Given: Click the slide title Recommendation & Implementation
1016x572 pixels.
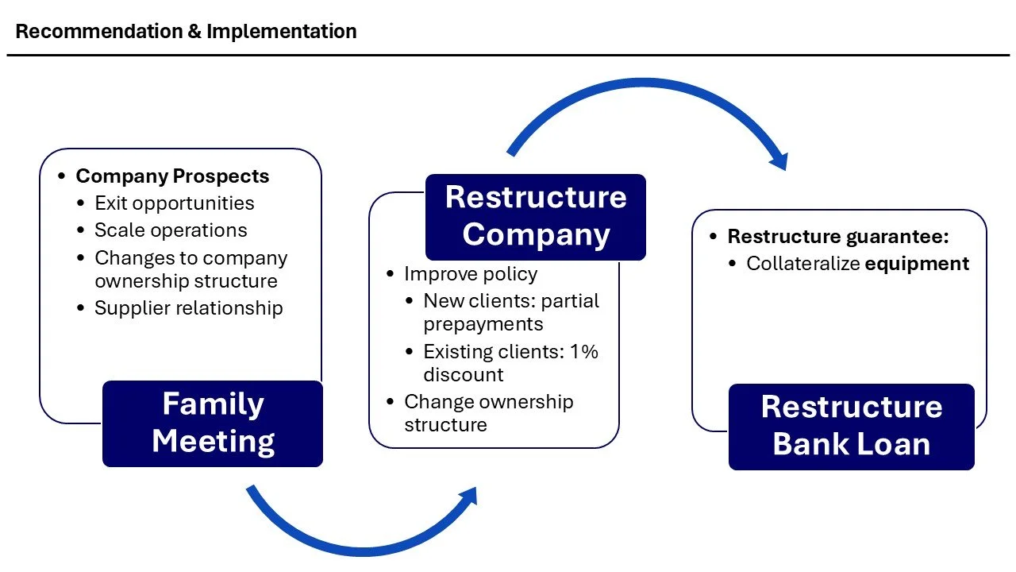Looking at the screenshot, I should [x=186, y=32].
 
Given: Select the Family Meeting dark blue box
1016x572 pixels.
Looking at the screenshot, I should [x=213, y=423].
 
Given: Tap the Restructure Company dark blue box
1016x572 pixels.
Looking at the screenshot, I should [x=536, y=216].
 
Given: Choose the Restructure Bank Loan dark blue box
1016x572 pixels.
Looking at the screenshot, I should [x=851, y=426].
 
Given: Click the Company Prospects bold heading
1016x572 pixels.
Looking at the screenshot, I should [x=172, y=176].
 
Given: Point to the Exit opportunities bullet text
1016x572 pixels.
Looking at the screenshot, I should [x=174, y=203].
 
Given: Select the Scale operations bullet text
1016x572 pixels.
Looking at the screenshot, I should [x=171, y=230].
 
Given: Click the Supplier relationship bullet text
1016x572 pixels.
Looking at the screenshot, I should [x=188, y=308].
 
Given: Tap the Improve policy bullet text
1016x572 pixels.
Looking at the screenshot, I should [x=471, y=274].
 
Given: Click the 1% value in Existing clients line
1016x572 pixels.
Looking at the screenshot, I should [x=583, y=351].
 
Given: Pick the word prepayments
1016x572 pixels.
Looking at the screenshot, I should [x=483, y=324].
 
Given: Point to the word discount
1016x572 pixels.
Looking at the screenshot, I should [x=463, y=374].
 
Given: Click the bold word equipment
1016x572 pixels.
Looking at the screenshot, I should [x=917, y=264].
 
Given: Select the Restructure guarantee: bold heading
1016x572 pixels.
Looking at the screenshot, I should [x=838, y=237].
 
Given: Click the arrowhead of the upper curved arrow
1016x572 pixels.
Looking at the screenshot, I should [x=779, y=161].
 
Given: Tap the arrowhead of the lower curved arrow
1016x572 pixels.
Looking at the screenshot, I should [x=469, y=497].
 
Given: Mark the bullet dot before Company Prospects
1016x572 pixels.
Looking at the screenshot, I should [x=62, y=176].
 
